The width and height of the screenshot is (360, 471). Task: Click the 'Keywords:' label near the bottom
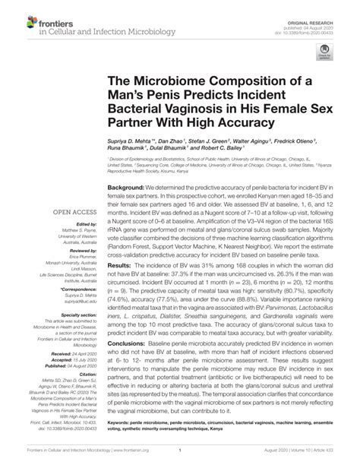coord(122,422)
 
